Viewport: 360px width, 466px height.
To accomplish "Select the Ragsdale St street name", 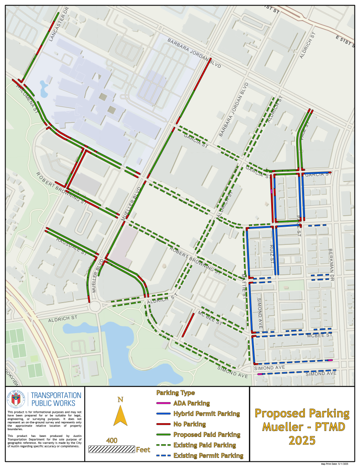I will click(x=71, y=246).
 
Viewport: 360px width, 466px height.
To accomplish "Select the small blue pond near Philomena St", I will click(x=44, y=89).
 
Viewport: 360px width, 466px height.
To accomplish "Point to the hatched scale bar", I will click(x=112, y=449).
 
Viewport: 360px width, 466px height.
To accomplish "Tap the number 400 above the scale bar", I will click(x=112, y=441).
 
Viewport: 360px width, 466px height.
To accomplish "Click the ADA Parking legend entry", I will click(x=191, y=403).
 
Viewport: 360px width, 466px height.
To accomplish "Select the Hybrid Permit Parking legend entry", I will click(x=206, y=414).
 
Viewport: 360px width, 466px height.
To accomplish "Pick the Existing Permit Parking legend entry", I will click(x=208, y=456).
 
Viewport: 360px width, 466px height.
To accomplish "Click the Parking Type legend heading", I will click(x=175, y=393).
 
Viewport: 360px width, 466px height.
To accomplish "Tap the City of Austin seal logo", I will click(x=16, y=400).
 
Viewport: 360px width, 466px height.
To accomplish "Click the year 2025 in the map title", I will click(x=302, y=441).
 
